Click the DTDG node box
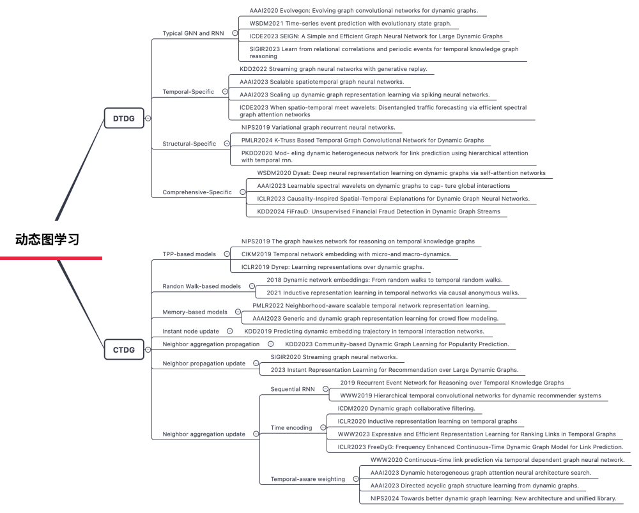coord(124,118)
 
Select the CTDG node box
coord(124,349)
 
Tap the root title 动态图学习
coord(47,240)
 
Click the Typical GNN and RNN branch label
coord(194,33)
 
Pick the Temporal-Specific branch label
coord(189,92)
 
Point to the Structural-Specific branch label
coord(189,144)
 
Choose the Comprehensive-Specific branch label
coord(197,192)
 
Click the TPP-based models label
coord(189,254)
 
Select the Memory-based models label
coord(195,312)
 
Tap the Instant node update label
coord(190,331)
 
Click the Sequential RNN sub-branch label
coord(293,388)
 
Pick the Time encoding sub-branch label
coord(291,427)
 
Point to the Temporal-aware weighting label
coord(307,479)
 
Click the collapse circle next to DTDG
coord(148,118)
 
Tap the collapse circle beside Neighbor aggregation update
coord(256,434)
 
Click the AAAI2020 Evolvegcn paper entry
coord(364,11)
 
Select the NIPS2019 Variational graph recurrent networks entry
coord(318,127)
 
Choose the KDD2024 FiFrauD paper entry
coord(378,211)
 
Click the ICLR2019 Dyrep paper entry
coord(332,267)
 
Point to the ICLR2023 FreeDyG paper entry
coord(480,447)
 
